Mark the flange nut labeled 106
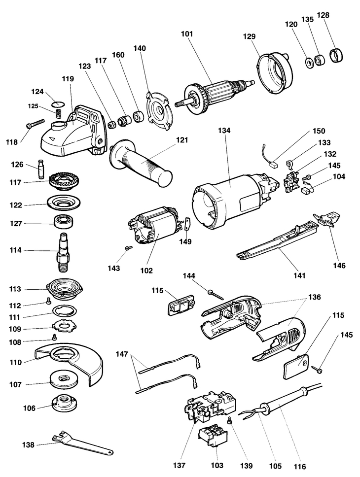click(64, 405)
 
